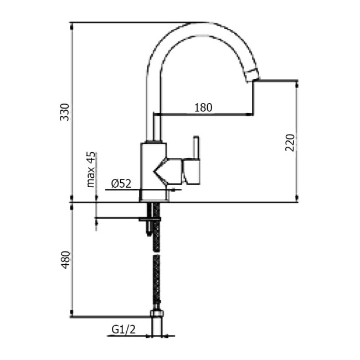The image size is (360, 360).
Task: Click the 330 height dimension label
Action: [65, 112]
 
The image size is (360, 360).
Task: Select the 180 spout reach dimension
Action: [203, 107]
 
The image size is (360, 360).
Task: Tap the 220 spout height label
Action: [289, 143]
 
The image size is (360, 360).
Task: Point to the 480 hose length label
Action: [65, 259]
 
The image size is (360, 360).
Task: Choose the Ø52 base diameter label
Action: [120, 183]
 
